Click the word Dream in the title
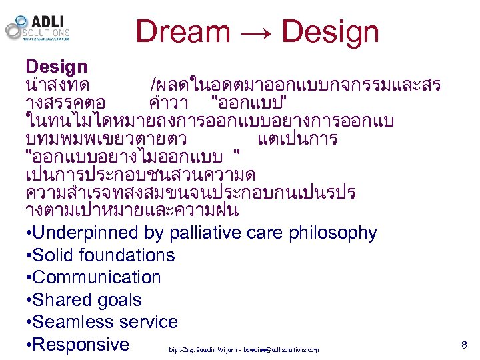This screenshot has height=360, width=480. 183,32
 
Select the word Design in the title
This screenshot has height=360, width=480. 330,32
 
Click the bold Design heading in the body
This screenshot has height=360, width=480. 57,67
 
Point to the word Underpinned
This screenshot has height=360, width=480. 85,233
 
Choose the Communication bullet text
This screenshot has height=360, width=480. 96,277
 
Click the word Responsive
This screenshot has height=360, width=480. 81,345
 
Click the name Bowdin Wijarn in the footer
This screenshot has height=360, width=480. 213,350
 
